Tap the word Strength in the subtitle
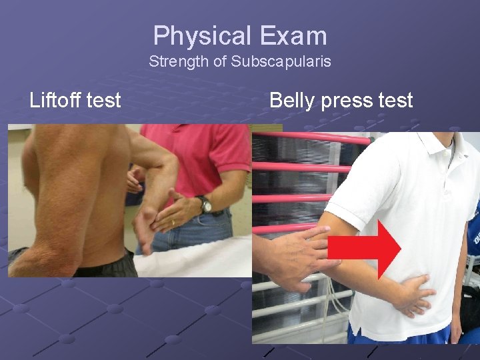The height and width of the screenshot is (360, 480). point(174,62)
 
